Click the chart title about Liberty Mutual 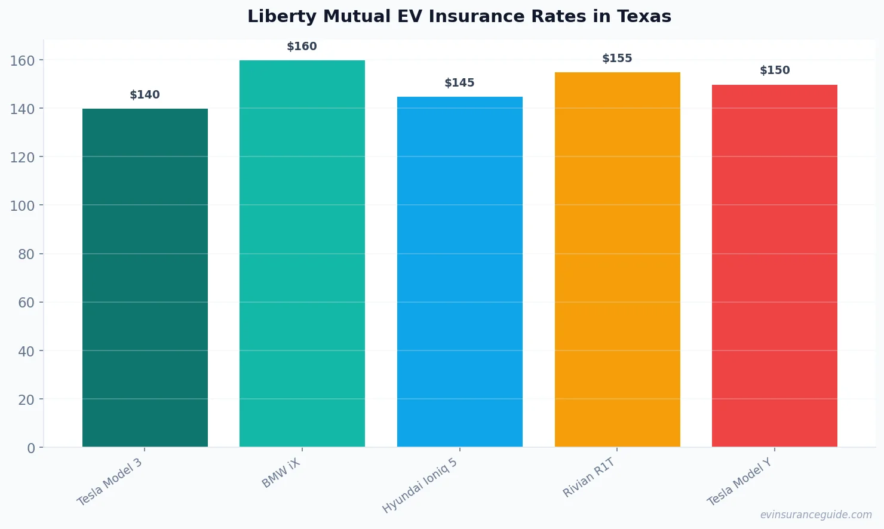[x=459, y=16]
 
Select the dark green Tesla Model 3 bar [x=145, y=278]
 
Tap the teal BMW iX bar [x=302, y=253]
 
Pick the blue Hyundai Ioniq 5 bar [x=459, y=272]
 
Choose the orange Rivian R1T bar [x=617, y=259]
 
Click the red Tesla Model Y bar [x=774, y=266]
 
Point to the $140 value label [x=145, y=95]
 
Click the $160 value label [x=302, y=47]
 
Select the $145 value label [x=459, y=83]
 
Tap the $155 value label [x=617, y=59]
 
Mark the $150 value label [x=775, y=70]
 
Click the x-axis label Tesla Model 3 [x=110, y=482]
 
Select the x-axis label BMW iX [x=281, y=473]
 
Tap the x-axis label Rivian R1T [x=589, y=477]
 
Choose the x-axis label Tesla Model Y [x=739, y=482]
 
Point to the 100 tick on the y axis [x=22, y=205]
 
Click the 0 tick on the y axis [x=31, y=448]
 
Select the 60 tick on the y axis [x=26, y=303]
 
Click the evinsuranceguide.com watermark [x=816, y=515]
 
